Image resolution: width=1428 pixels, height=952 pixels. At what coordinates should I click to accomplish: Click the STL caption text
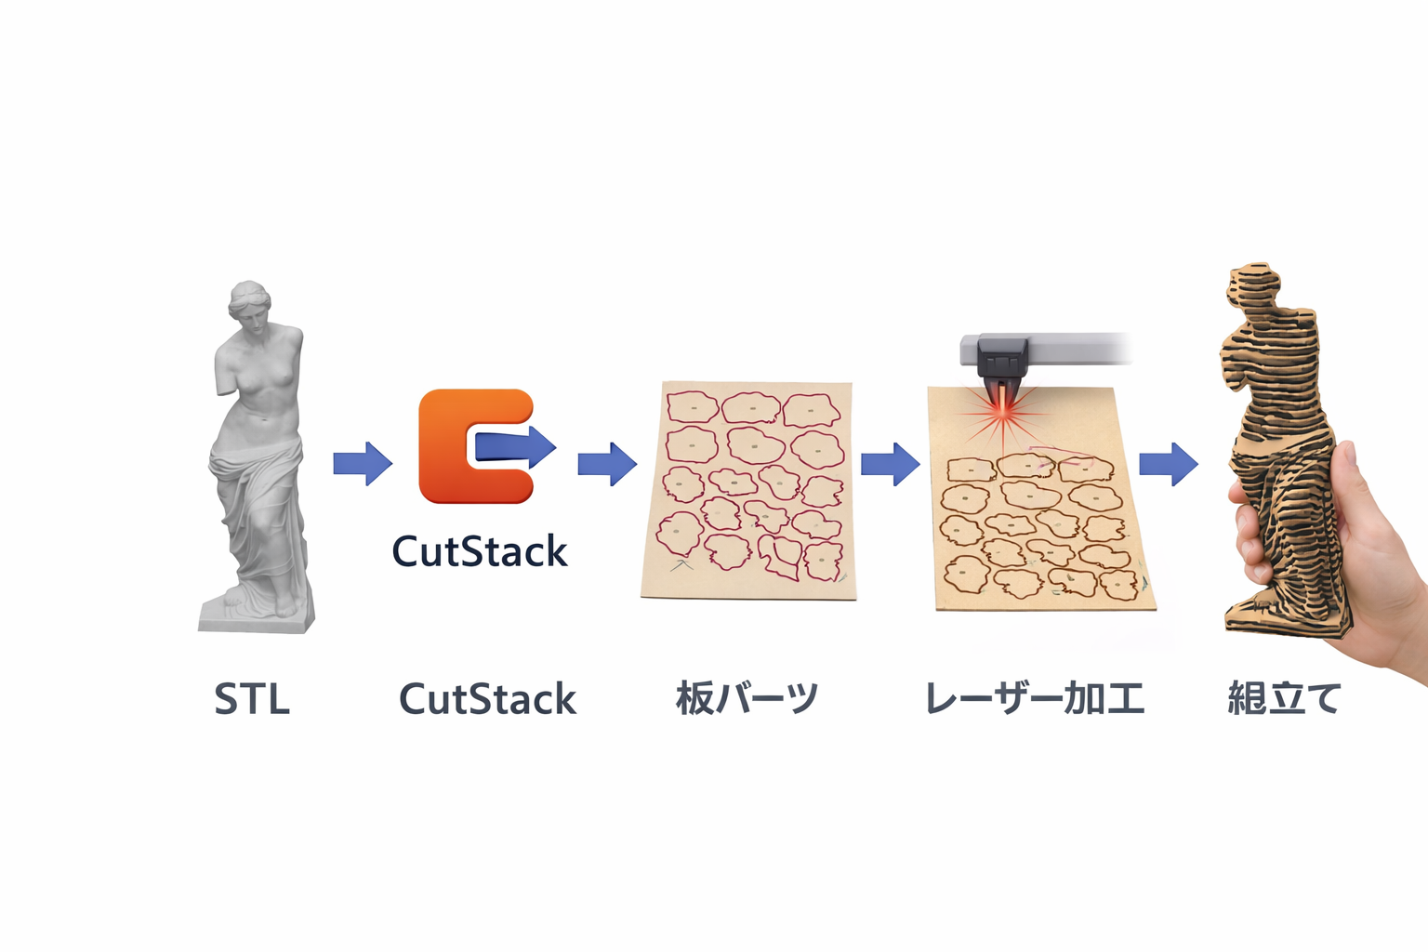[252, 699]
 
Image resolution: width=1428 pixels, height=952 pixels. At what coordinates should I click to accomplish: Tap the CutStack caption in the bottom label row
[487, 699]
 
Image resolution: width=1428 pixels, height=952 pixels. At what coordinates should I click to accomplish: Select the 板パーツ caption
[747, 698]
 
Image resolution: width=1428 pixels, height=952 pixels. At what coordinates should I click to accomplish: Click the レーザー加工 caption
[1034, 699]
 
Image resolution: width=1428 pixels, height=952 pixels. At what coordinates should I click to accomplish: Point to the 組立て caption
[1284, 698]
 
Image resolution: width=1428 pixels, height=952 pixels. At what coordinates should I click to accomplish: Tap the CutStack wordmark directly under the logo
[479, 551]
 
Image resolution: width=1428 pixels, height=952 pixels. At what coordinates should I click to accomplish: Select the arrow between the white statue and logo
[363, 463]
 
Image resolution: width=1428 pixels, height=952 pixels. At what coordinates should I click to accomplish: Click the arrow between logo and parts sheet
[607, 463]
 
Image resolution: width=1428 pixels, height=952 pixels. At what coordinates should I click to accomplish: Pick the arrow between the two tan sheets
[890, 463]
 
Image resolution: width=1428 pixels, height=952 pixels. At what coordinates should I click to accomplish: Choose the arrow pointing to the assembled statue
[1169, 463]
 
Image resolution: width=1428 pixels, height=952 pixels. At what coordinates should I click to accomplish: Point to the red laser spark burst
[1002, 414]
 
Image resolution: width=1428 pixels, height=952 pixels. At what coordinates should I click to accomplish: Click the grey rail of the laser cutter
[1078, 349]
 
